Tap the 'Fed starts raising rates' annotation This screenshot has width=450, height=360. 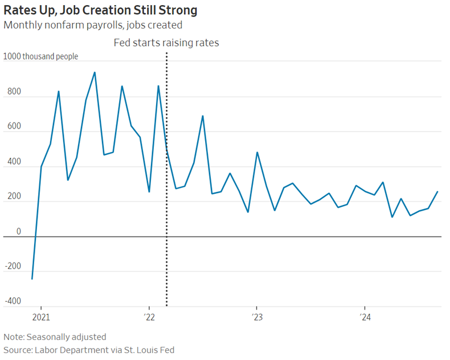[166, 43]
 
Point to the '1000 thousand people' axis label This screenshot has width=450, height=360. [41, 56]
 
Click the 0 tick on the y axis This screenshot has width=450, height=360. [19, 232]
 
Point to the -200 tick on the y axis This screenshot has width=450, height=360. [13, 267]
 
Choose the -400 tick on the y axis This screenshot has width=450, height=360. [13, 301]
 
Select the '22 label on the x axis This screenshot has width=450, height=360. [149, 317]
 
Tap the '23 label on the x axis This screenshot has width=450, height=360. [256, 317]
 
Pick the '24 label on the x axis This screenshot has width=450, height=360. [365, 317]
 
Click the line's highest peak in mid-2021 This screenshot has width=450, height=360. [95, 72]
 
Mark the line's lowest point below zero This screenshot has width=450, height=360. [32, 279]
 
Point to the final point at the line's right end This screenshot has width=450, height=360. [437, 192]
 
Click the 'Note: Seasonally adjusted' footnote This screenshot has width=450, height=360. [55, 337]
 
